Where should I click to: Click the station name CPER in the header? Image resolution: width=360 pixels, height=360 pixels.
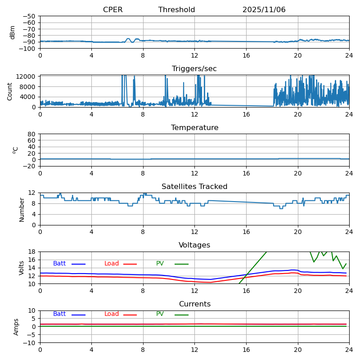tap(112, 10)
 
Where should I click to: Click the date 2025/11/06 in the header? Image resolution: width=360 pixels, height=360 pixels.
tap(264, 10)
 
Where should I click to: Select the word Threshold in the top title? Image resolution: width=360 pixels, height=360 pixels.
tap(176, 10)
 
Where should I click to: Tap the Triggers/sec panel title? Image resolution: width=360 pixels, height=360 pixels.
tap(194, 69)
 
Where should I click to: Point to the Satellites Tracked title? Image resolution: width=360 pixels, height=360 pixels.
tap(194, 187)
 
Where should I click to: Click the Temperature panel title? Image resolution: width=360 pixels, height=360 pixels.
tap(194, 128)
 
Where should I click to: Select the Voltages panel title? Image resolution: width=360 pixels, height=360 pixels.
tap(194, 245)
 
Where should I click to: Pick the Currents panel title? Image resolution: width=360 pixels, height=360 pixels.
tap(194, 304)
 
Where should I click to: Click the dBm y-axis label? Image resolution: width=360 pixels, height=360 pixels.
tap(13, 32)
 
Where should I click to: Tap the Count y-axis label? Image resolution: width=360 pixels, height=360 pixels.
tap(10, 91)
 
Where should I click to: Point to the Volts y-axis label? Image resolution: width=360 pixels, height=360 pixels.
tap(22, 268)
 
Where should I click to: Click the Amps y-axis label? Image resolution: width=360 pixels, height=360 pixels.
tap(16, 327)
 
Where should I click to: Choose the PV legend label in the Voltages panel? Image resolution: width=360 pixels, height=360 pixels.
tap(160, 264)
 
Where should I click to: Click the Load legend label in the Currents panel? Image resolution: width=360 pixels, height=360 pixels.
tap(112, 314)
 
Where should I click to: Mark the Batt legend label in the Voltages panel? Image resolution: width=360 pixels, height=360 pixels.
tap(59, 264)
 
